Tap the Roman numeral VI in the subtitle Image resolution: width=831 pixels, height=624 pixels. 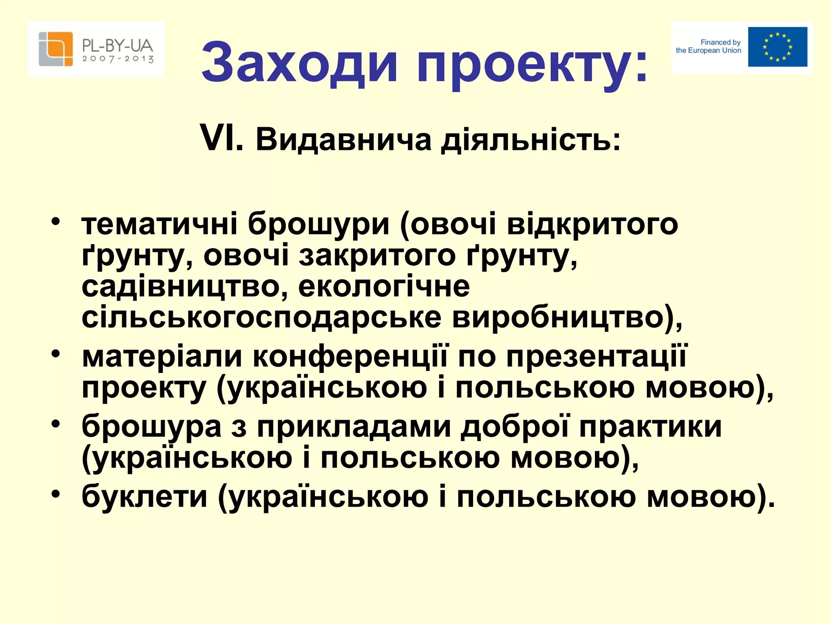221,139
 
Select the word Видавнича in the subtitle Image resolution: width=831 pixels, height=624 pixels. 343,140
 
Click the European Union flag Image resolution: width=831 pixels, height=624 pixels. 777,47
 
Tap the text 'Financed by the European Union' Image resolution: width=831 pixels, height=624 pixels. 708,46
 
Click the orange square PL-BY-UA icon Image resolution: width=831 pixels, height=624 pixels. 56,49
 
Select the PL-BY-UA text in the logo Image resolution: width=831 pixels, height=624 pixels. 118,45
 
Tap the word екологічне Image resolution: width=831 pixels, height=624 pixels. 384,286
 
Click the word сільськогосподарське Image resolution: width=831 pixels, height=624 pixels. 261,317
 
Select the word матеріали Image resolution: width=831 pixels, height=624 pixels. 162,357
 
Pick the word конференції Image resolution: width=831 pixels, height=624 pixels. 350,357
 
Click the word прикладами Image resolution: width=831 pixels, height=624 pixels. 354,427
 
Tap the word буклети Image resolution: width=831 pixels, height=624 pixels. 144,496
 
